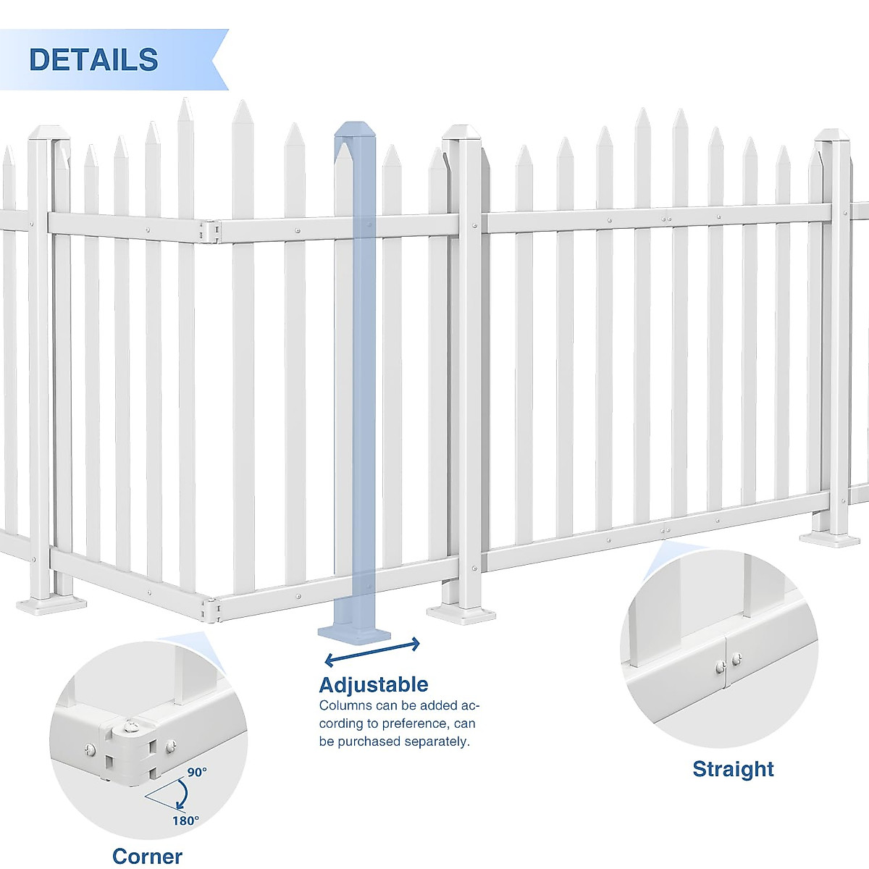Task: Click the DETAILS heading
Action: point(93,59)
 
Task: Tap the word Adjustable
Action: point(373,684)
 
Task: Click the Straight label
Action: point(733,768)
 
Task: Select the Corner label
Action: point(147,856)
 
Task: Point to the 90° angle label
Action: point(197,772)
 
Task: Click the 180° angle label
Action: point(185,820)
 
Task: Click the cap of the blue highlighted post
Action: point(353,130)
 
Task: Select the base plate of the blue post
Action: point(354,634)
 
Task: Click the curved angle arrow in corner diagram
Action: point(181,795)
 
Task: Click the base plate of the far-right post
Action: point(829,539)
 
